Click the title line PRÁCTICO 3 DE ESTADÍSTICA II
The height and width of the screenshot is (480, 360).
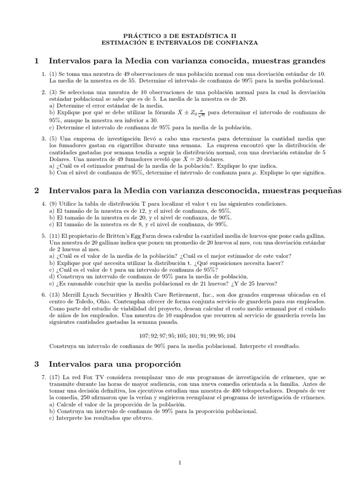pos(180,35)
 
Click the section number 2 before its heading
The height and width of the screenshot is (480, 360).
pos(37,190)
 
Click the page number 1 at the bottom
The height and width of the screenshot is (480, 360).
pos(180,463)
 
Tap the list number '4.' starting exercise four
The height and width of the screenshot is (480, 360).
pos(43,204)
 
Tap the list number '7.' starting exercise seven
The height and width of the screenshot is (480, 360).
pos(43,377)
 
